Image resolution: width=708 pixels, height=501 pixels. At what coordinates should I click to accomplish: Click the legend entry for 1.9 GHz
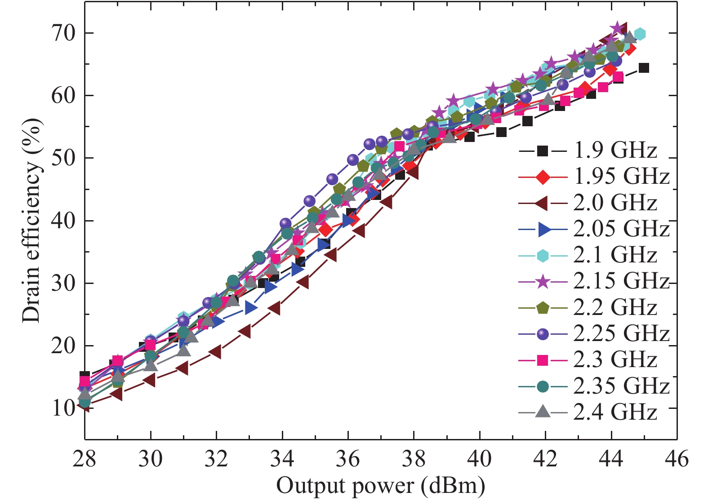click(615, 151)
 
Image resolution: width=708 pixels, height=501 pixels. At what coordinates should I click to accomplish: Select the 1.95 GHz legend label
click(621, 177)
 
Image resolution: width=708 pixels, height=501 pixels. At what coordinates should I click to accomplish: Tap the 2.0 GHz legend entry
click(615, 203)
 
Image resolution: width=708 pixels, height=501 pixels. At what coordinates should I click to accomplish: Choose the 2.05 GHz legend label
click(621, 229)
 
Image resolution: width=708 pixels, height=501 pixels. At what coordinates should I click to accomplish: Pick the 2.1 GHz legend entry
click(615, 255)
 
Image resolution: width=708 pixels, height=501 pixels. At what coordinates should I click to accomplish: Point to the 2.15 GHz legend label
click(621, 281)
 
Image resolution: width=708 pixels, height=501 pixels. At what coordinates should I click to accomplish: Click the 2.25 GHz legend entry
click(621, 333)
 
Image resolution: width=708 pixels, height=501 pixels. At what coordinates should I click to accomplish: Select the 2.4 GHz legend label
click(615, 412)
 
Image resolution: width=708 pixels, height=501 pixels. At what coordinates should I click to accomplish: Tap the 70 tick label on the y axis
click(62, 33)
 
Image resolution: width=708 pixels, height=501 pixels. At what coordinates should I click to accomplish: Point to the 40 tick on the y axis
click(62, 221)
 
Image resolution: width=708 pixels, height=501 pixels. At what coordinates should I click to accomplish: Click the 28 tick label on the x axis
click(85, 459)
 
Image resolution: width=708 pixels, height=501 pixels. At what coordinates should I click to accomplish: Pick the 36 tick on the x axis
click(348, 459)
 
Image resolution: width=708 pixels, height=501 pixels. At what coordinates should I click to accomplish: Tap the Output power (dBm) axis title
click(380, 486)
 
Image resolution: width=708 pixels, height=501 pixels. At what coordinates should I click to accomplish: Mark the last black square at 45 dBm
click(644, 68)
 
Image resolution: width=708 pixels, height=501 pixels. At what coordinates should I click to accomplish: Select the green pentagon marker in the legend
click(543, 308)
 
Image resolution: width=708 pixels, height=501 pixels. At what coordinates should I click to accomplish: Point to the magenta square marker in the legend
click(543, 360)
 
